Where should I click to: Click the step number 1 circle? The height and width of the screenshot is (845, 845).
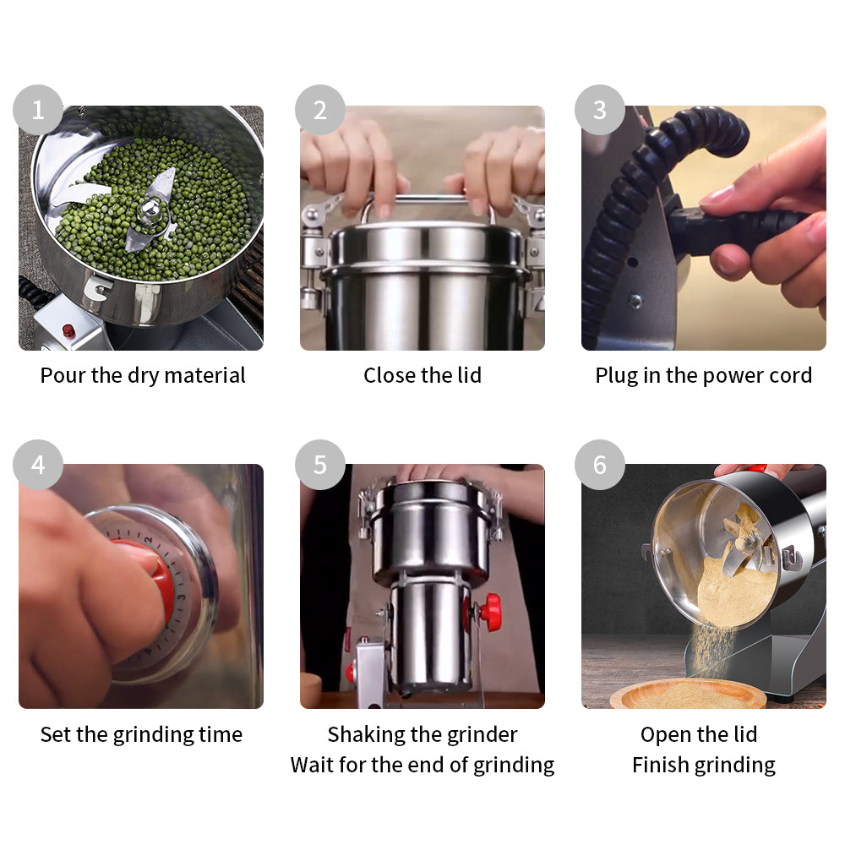coord(37,110)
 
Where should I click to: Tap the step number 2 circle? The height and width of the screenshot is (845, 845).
coord(319,110)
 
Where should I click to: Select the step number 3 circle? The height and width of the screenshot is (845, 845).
coord(600,110)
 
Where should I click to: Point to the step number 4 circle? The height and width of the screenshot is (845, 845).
coord(37,465)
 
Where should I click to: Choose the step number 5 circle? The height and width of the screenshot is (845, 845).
coord(319,465)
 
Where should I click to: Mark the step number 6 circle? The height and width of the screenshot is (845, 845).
coord(600,465)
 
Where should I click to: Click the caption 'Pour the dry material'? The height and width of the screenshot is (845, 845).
coord(143,375)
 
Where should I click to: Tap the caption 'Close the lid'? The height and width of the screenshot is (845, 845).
coord(422,375)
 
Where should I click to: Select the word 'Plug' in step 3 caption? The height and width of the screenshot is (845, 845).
coord(614,376)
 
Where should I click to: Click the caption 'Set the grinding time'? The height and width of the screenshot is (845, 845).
coord(141,734)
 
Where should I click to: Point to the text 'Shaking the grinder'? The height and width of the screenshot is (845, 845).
coord(422,734)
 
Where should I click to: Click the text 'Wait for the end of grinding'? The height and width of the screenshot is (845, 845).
coord(422,765)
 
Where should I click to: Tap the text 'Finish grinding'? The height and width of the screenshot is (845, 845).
coord(704,765)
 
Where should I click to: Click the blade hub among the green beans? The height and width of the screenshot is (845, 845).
coord(150,210)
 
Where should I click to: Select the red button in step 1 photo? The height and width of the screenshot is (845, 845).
coord(68,330)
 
